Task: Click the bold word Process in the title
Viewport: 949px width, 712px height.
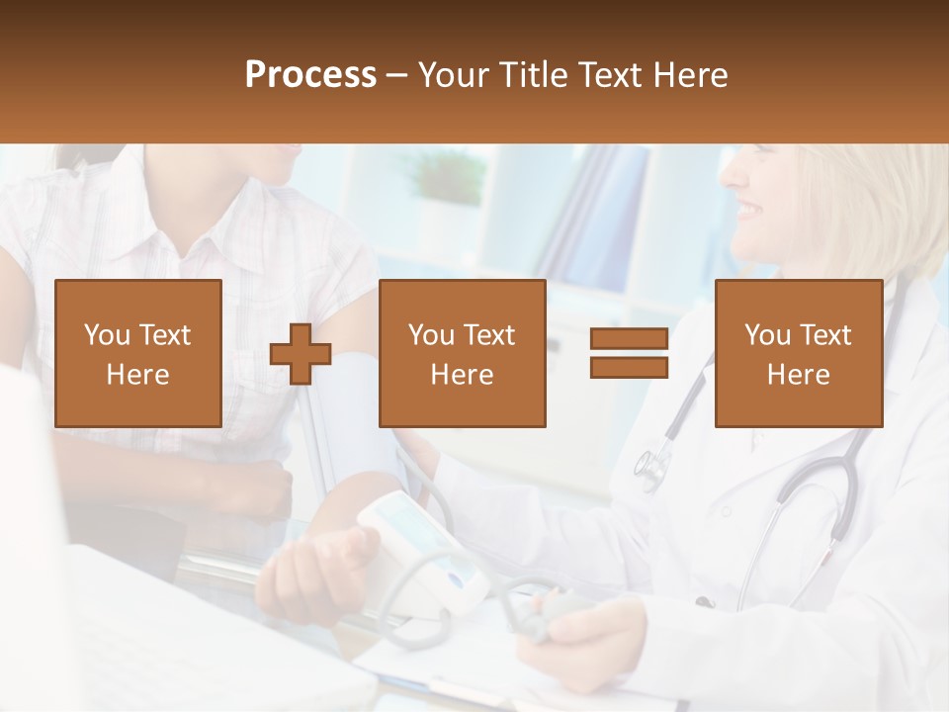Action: click(x=310, y=75)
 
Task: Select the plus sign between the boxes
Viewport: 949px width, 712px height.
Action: click(x=301, y=354)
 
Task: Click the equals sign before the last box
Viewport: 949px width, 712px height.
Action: click(x=629, y=353)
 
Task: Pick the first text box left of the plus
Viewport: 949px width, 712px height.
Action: click(x=137, y=353)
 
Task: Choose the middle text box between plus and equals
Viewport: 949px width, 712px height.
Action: click(x=462, y=353)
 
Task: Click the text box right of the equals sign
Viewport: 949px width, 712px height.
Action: click(x=798, y=353)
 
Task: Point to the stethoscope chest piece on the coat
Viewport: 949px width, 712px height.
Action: click(x=652, y=467)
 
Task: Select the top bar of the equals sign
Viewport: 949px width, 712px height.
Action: click(x=629, y=340)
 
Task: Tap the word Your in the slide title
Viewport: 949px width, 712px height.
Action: click(x=453, y=75)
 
